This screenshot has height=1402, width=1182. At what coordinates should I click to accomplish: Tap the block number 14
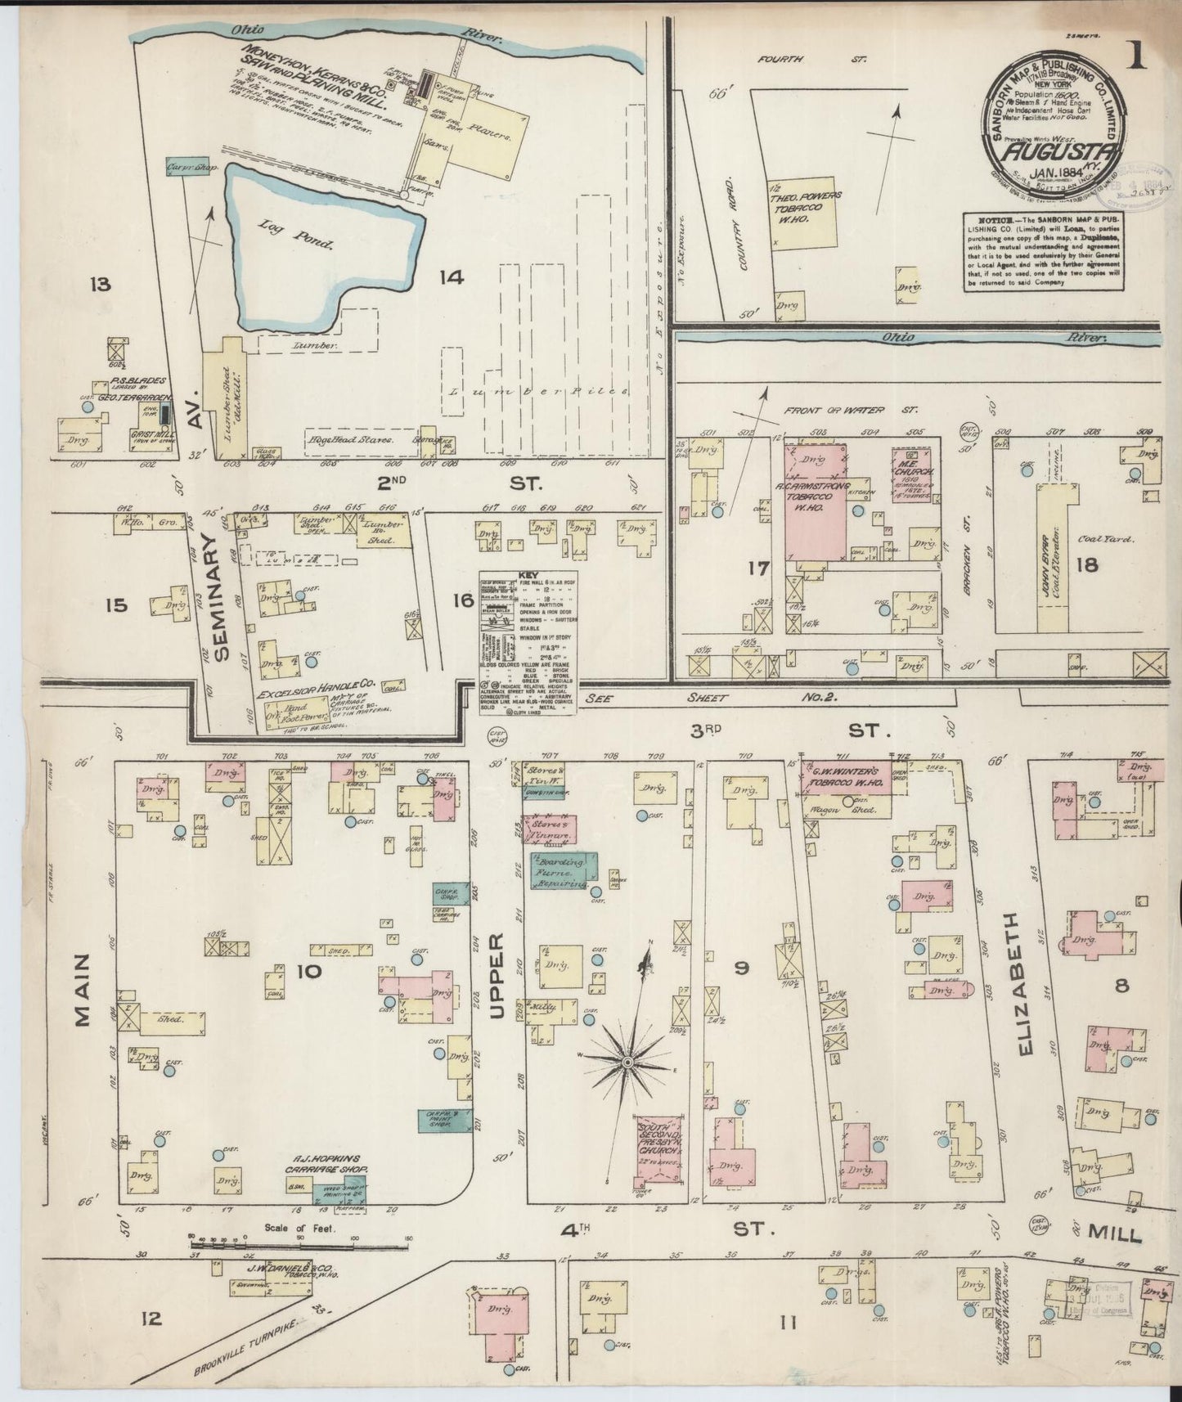point(451,278)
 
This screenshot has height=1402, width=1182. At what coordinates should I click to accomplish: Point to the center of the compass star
point(627,1062)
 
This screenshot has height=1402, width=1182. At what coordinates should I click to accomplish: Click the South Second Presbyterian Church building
point(659,1149)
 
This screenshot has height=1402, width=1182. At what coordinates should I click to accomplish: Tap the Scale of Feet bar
point(299,1247)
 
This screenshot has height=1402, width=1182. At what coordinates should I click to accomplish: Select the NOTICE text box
point(1044,251)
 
